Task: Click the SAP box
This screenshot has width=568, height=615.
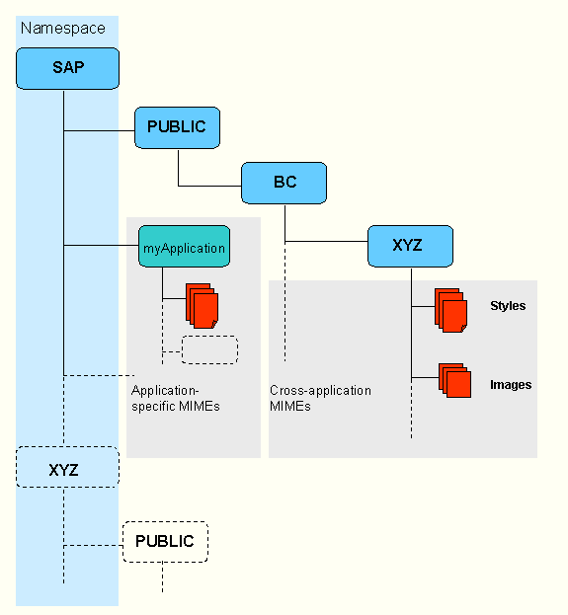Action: coord(67,69)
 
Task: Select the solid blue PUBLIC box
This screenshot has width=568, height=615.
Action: coord(177,128)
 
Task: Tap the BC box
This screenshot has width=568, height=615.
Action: coord(284,184)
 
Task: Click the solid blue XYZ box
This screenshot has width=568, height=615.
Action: coord(410,247)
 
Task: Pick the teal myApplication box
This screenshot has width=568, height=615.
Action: coord(184,247)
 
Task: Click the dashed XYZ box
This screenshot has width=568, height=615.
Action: coord(67,467)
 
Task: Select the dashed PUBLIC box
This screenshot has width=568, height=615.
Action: coord(165,542)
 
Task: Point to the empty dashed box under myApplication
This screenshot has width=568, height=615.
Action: coord(209,349)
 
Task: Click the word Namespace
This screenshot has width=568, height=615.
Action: coord(63,29)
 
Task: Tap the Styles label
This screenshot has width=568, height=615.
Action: coord(508,306)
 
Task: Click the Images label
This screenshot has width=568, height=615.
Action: coord(511,385)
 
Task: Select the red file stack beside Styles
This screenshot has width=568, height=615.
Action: coord(451,311)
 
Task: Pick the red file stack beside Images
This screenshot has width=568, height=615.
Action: coord(455,380)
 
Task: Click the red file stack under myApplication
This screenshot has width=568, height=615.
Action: coord(203,306)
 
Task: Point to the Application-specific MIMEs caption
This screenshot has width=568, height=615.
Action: coord(176,398)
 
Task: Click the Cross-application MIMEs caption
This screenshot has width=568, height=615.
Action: coord(320,398)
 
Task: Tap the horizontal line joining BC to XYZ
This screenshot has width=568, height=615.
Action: coord(326,241)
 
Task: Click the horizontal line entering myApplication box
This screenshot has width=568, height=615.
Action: coord(102,246)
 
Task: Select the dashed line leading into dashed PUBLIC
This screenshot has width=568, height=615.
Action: coord(94,546)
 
